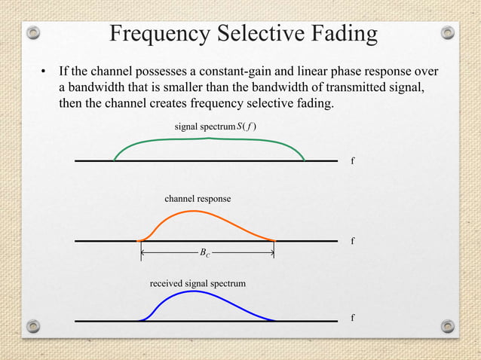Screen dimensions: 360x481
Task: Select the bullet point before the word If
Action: tap(44, 73)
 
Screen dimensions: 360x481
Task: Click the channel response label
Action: tap(198, 199)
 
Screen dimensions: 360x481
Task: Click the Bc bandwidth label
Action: tap(205, 255)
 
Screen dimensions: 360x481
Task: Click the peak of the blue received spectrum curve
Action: tap(193, 291)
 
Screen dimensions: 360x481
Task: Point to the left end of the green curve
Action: tap(115, 160)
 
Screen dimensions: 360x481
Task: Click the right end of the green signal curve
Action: tap(304, 160)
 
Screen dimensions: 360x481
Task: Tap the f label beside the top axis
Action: tap(353, 161)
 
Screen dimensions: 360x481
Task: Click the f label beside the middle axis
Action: tap(353, 242)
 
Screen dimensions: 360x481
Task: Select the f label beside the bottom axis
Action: tap(353, 318)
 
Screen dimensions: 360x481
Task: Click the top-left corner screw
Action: tap(33, 33)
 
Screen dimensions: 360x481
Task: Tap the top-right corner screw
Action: tap(448, 33)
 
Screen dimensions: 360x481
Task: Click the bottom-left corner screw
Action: tap(33, 326)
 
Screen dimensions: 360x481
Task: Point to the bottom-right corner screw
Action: tap(448, 326)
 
